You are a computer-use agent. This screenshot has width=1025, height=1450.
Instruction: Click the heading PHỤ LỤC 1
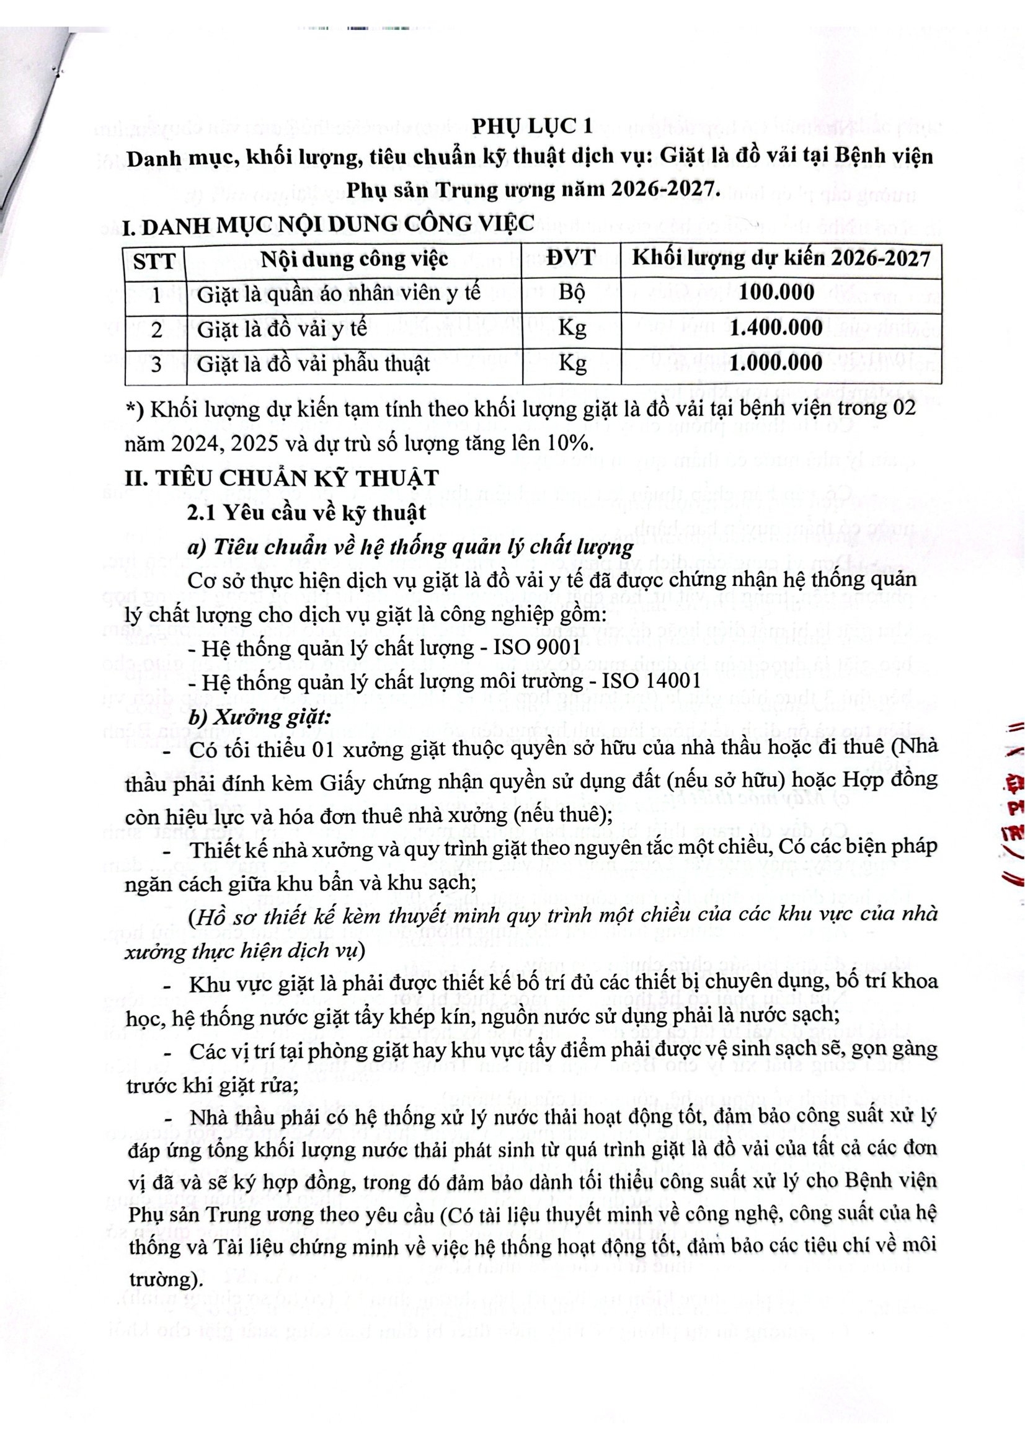[x=533, y=126]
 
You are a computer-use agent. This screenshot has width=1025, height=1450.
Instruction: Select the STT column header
[x=156, y=260]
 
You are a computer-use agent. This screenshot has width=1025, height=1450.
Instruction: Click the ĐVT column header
[x=571, y=259]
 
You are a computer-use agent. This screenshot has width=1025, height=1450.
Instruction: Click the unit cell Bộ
[x=571, y=293]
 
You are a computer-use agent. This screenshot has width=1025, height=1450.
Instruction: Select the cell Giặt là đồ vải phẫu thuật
[x=313, y=365]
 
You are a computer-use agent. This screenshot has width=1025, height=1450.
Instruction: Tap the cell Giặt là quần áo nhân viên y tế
[x=339, y=294]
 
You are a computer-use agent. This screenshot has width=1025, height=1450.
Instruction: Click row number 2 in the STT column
[x=156, y=329]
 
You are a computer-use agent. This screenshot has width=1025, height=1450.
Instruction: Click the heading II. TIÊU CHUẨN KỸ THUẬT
[x=281, y=477]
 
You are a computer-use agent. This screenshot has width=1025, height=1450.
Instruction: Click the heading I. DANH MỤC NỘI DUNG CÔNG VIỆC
[x=329, y=224]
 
